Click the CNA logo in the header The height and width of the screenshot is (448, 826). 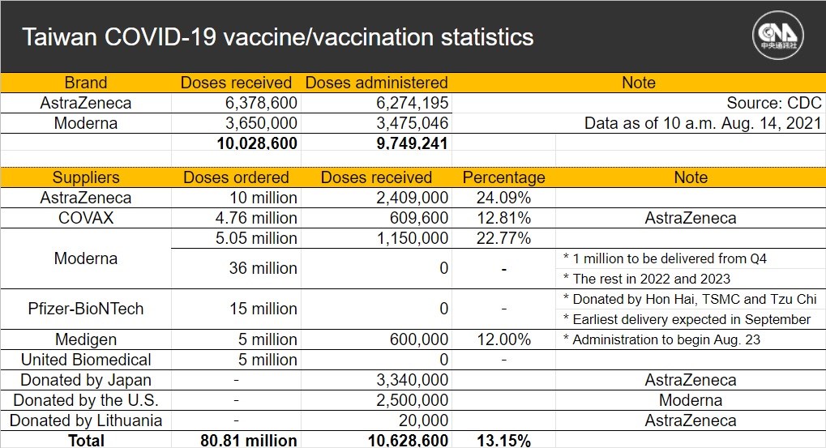(777, 36)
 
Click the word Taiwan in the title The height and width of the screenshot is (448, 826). (59, 37)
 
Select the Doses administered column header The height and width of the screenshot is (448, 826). (376, 83)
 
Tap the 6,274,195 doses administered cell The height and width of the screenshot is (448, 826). (412, 103)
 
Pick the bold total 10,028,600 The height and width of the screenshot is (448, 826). (257, 143)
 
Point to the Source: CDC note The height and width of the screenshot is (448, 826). (774, 103)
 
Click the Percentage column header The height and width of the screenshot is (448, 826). (503, 177)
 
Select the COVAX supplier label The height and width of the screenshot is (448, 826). (86, 218)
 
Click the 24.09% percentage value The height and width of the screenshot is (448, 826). (503, 198)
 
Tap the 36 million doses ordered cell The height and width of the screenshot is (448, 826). (263, 268)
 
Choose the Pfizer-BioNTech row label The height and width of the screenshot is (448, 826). (86, 309)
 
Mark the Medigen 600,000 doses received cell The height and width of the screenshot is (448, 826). (419, 339)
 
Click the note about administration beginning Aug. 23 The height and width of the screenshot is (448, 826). (661, 339)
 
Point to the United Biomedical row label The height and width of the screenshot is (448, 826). (86, 360)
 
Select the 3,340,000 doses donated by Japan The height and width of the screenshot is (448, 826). (412, 380)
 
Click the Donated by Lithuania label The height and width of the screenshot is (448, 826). (86, 420)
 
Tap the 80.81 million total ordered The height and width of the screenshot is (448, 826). (249, 440)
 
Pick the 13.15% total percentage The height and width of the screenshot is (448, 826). (503, 440)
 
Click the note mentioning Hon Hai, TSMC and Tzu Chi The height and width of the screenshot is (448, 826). (690, 299)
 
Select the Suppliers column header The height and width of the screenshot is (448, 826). (86, 177)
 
